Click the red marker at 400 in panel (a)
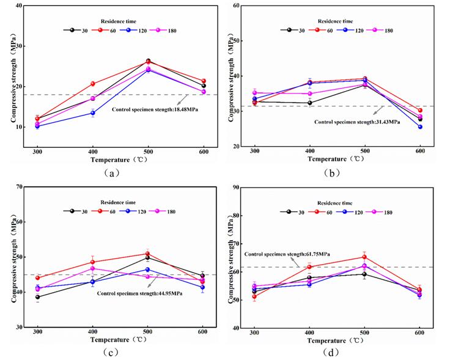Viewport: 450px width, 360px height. pyautogui.click(x=93, y=84)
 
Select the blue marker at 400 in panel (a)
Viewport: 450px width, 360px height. pyautogui.click(x=93, y=113)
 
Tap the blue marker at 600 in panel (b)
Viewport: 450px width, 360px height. pyautogui.click(x=420, y=127)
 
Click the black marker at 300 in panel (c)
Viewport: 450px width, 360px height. pyautogui.click(x=38, y=297)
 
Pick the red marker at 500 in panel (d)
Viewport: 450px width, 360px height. pyautogui.click(x=364, y=257)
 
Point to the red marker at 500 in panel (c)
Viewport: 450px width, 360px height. pyautogui.click(x=147, y=254)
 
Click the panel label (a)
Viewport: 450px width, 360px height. pyautogui.click(x=111, y=173)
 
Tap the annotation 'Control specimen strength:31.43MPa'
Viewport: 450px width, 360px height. pyautogui.click(x=357, y=122)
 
